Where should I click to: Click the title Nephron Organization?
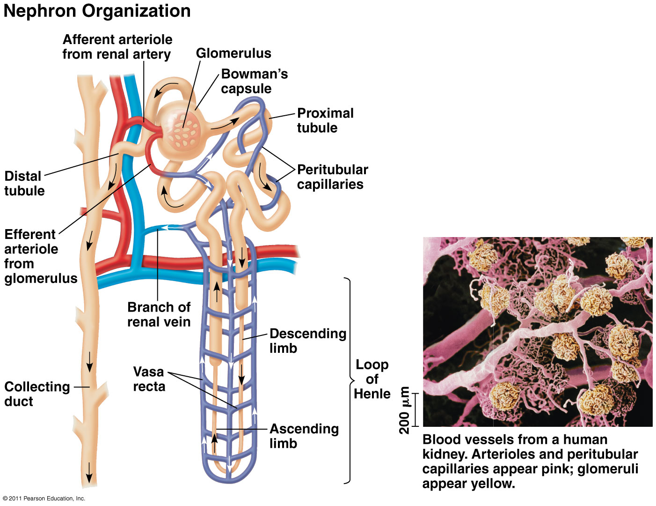click(x=97, y=11)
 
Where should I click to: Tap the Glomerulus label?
click(x=233, y=53)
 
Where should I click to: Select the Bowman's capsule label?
click(x=254, y=81)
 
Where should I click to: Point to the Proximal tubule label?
click(x=325, y=120)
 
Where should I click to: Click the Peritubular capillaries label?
click(x=332, y=177)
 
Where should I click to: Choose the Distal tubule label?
click(x=24, y=183)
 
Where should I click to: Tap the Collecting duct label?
click(x=37, y=394)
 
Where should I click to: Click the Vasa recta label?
click(x=149, y=379)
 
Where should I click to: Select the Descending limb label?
click(x=307, y=341)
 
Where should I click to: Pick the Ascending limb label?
click(x=304, y=436)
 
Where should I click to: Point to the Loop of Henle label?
click(x=372, y=379)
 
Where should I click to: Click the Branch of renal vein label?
click(x=159, y=314)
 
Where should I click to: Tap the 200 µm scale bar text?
click(x=404, y=410)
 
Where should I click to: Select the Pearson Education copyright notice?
click(x=44, y=499)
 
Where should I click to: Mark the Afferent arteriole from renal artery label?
click(x=117, y=46)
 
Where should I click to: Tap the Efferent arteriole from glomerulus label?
click(x=40, y=256)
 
